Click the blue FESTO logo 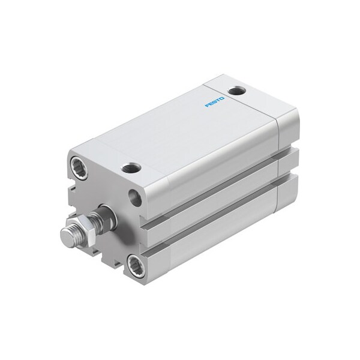click(215, 101)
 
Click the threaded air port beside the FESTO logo click(236, 91)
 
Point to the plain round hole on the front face click(135, 197)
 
